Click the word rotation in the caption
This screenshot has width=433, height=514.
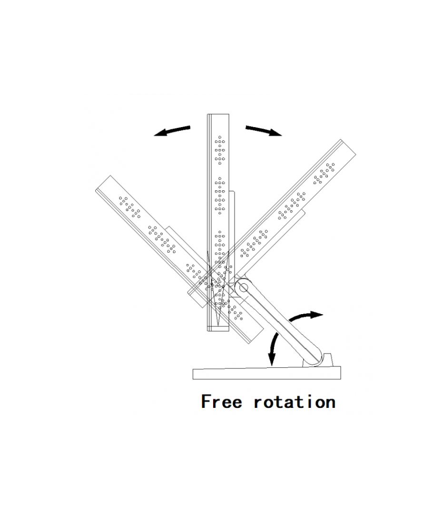point(295,402)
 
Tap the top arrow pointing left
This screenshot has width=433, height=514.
point(172,130)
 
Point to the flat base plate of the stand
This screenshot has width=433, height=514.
point(266,374)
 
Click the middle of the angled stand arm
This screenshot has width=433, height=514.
point(281,324)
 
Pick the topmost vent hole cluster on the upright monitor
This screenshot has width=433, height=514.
point(219,149)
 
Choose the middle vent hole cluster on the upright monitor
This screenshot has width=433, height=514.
point(219,195)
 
